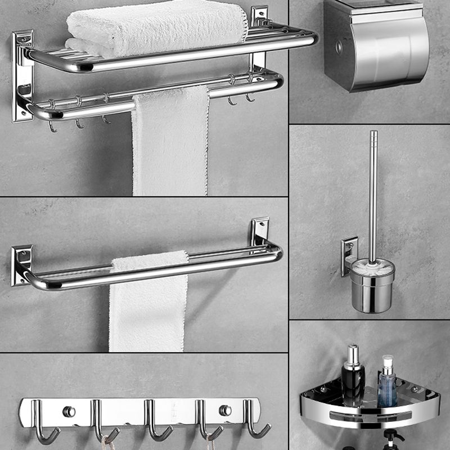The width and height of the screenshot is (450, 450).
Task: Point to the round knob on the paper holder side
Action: (x=339, y=47)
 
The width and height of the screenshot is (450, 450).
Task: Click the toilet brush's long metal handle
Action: (x=373, y=191)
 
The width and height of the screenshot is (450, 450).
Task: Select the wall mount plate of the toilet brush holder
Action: (x=349, y=256)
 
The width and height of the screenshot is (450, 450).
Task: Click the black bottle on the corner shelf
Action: (x=353, y=374)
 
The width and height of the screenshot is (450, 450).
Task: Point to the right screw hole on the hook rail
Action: (x=225, y=410)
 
